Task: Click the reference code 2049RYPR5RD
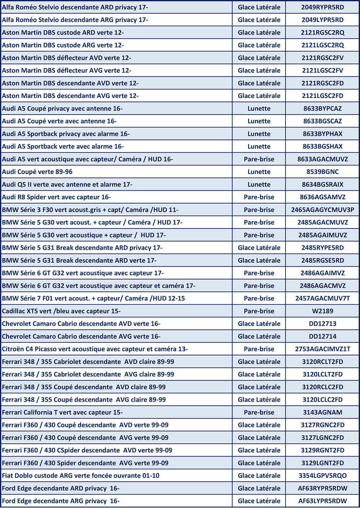click(x=323, y=7)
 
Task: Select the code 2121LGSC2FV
click(x=323, y=71)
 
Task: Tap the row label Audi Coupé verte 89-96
click(x=37, y=172)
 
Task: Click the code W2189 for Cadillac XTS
click(x=323, y=311)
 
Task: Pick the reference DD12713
click(x=323, y=324)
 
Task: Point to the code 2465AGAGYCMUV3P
click(x=323, y=210)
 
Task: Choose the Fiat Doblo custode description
click(x=81, y=476)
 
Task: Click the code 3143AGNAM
click(x=323, y=412)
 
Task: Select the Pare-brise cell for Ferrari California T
click(x=259, y=412)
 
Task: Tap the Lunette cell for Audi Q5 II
click(x=259, y=184)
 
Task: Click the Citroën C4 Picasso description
click(x=95, y=349)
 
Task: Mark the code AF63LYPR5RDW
click(x=323, y=501)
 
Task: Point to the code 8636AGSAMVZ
click(x=323, y=197)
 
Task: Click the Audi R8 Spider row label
click(x=57, y=197)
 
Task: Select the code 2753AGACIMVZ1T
click(x=323, y=349)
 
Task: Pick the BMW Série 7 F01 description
click(x=93, y=298)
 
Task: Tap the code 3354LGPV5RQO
click(x=323, y=476)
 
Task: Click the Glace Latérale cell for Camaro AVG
click(x=259, y=336)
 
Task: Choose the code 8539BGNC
click(x=323, y=172)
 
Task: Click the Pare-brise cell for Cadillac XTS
click(x=259, y=311)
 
